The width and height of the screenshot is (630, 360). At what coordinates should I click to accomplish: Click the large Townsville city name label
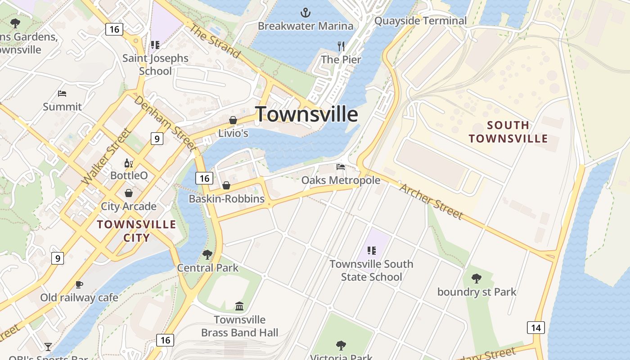[306, 114]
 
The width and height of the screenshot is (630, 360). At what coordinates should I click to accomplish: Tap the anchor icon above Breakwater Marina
[306, 12]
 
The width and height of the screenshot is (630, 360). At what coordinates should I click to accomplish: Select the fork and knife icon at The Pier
[341, 46]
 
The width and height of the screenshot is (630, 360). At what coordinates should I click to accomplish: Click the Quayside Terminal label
[420, 21]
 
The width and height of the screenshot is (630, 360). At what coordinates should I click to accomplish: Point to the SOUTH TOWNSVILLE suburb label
[508, 131]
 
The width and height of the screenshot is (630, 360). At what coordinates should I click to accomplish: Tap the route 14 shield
[535, 328]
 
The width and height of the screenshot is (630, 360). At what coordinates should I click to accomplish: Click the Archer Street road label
[431, 201]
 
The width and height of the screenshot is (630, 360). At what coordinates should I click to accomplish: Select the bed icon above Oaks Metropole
[341, 167]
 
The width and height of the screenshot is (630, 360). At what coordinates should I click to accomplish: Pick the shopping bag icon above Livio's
[233, 120]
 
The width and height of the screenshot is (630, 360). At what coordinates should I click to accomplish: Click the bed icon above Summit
[62, 94]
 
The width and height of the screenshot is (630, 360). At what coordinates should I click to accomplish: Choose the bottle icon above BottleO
[129, 163]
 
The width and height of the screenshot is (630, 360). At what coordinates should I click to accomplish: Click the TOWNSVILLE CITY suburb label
[136, 231]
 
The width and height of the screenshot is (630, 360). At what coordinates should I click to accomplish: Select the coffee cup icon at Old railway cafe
[79, 284]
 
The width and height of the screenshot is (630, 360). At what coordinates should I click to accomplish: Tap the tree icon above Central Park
[207, 255]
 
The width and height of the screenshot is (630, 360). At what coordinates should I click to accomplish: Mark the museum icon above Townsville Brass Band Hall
[239, 306]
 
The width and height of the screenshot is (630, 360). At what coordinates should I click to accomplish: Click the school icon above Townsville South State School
[371, 251]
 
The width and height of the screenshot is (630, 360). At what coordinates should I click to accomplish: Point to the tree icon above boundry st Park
[477, 279]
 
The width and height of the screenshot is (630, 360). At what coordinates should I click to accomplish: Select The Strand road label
[215, 41]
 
